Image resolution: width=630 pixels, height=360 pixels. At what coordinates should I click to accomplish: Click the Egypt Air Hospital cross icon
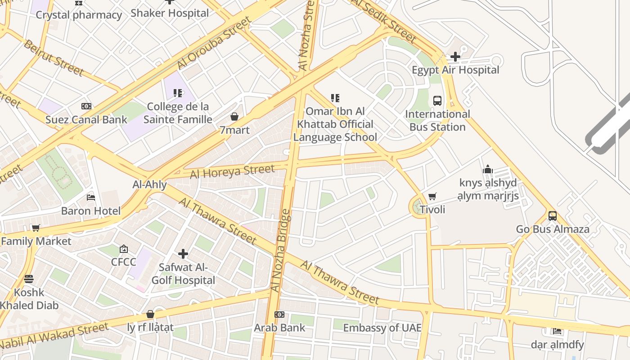455,57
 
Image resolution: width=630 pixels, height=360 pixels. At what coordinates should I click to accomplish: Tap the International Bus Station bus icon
437,101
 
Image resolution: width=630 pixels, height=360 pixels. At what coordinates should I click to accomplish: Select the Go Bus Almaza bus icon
553,216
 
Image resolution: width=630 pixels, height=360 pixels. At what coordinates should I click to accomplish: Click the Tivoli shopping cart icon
432,196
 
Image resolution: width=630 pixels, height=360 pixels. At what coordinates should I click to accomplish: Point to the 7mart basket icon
234,117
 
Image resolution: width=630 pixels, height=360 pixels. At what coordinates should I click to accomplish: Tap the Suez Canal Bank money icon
86,107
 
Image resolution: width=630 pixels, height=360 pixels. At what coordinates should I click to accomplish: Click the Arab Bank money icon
279,315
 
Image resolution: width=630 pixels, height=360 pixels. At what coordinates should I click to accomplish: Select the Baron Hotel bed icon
91,198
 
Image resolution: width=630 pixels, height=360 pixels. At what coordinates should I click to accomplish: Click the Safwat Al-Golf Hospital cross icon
183,254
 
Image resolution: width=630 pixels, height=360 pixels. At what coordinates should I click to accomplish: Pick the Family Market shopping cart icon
36,228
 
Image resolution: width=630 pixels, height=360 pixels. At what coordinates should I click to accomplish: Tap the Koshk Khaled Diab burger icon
29,279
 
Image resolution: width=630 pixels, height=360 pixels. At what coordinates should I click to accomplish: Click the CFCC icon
124,249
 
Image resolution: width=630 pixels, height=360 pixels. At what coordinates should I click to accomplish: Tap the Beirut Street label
53,58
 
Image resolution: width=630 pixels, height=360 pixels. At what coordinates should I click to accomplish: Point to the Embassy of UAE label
382,328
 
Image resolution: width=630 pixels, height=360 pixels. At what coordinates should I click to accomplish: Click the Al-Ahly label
150,184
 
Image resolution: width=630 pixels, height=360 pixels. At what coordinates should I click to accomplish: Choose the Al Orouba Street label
214,44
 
